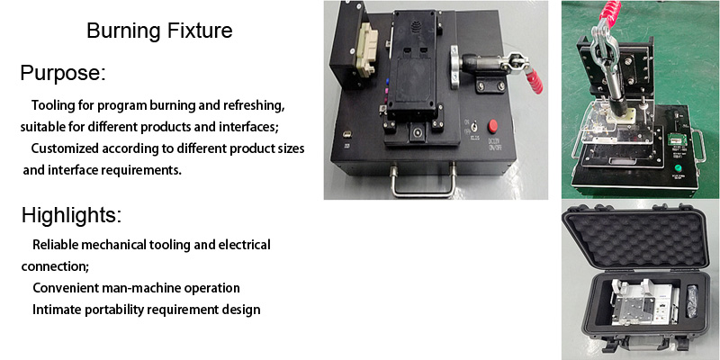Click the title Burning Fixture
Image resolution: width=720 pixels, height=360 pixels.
point(159,31)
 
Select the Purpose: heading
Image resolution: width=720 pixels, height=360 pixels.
point(63,74)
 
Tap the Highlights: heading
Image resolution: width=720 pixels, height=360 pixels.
point(72,215)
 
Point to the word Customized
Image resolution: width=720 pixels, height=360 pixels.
point(65,148)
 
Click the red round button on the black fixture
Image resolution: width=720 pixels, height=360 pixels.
point(492,125)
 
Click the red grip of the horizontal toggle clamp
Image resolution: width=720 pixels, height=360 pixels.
point(535,81)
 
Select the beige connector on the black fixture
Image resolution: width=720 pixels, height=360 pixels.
point(367,49)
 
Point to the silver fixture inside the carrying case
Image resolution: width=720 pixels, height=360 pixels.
point(643,303)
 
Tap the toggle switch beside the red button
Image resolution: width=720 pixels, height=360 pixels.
point(469,125)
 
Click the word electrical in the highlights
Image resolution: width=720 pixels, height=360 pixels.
point(244,244)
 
